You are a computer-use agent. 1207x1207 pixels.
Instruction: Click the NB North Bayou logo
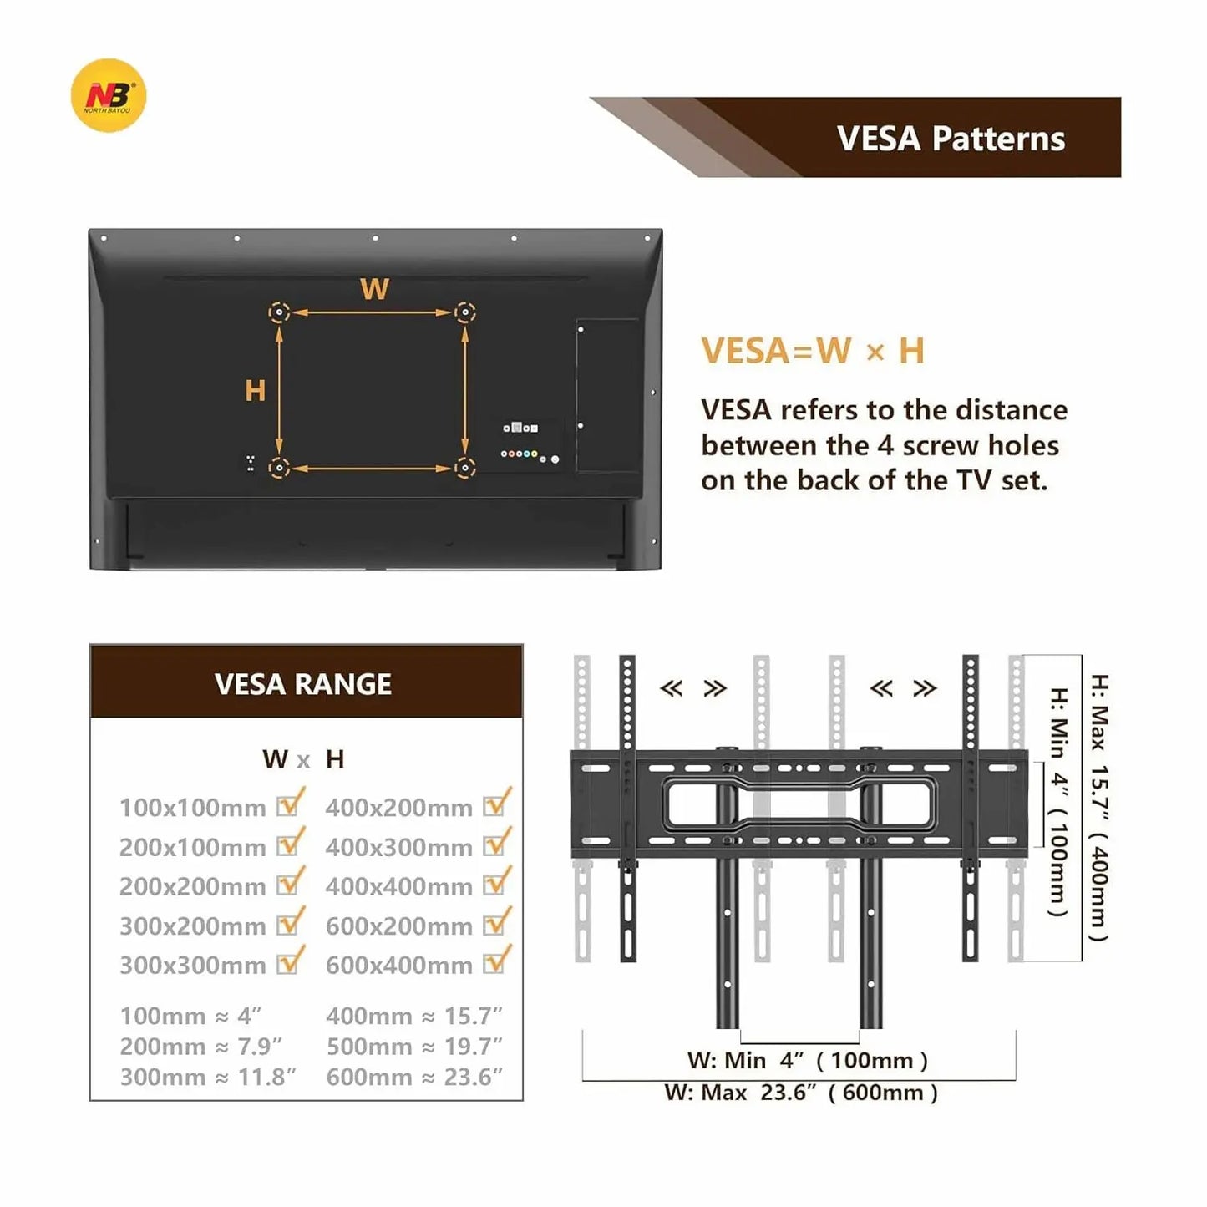(109, 96)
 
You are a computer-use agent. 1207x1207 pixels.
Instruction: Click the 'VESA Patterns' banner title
(951, 139)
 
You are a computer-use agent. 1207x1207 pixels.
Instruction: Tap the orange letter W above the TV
(374, 289)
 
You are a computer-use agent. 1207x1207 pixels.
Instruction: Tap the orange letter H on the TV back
(255, 391)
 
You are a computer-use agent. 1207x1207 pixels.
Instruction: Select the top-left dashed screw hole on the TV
(279, 312)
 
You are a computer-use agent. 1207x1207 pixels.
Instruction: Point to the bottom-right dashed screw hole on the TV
(464, 468)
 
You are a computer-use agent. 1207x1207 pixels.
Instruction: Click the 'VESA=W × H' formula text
(813, 350)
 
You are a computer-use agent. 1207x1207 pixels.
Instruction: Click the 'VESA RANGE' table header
(303, 684)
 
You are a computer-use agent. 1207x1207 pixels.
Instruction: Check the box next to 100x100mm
(290, 803)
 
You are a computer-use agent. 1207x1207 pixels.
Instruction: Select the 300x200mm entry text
(193, 926)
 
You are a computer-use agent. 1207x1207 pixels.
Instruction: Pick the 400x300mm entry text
(399, 848)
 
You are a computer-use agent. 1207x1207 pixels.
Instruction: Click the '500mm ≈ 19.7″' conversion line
(414, 1047)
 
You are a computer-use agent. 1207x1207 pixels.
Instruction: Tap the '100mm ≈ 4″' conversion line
(190, 1016)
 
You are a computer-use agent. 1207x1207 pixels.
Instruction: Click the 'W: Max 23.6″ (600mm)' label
(801, 1093)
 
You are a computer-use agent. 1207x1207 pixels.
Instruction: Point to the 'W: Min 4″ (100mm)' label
(808, 1061)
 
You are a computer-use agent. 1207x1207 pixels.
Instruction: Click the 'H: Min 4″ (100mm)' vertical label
(1058, 802)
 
